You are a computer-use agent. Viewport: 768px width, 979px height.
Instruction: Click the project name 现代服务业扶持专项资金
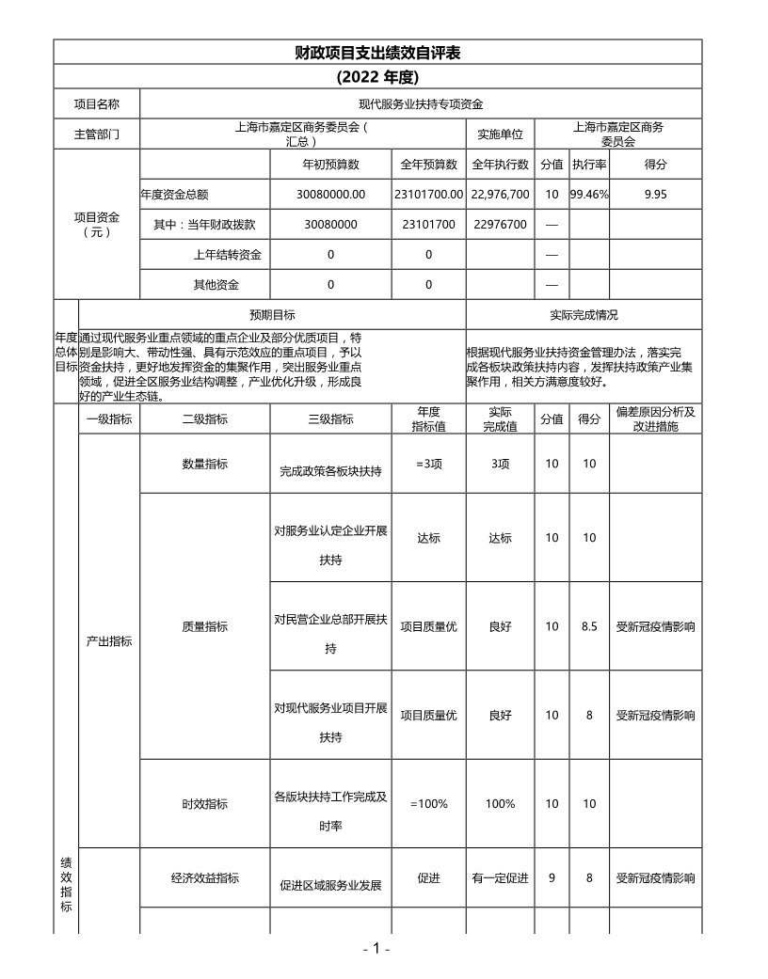pos(421,103)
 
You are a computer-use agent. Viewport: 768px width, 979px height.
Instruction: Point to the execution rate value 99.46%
pos(589,195)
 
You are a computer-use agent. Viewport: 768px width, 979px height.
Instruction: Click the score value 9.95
pos(655,195)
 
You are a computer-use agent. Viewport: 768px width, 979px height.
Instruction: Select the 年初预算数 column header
pos(330,165)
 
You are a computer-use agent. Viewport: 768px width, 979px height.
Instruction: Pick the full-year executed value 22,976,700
pos(501,195)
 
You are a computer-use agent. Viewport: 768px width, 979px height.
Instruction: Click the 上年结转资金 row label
pos(227,255)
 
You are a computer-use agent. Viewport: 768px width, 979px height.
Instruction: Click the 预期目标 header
pos(272,315)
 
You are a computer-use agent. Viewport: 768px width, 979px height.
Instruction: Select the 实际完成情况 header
pos(584,315)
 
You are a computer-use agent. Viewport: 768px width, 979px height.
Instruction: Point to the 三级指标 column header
pos(330,419)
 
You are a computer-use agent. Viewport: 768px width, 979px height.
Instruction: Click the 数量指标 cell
pos(204,464)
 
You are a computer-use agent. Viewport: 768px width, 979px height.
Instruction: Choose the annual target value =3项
pos(428,464)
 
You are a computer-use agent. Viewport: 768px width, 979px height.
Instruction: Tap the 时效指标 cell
pos(204,804)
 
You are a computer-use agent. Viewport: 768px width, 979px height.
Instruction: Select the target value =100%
pos(428,804)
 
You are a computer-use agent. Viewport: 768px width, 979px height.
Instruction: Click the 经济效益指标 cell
pos(204,878)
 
